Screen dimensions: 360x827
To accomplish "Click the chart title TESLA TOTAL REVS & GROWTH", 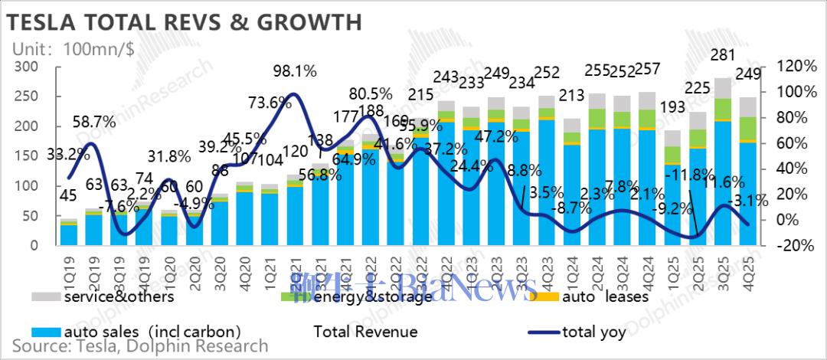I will pos(184,22).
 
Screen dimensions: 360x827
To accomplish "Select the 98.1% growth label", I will pos(296,71).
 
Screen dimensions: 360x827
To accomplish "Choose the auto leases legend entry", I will pos(605,296).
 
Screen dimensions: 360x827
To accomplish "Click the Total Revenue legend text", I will pos(365,332).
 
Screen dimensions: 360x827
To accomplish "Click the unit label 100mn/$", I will pos(100,48).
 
